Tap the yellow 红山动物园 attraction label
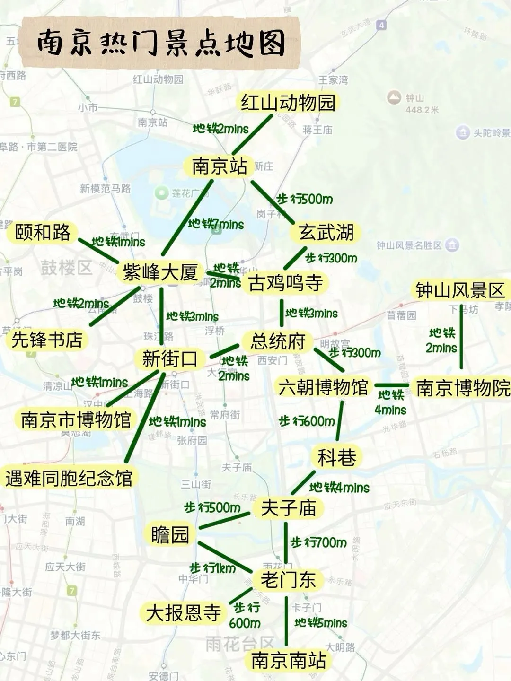[x=288, y=103]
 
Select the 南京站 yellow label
[x=219, y=166]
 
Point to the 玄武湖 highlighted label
[x=326, y=232]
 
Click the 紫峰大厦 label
[x=160, y=272]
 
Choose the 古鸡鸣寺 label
[x=285, y=283]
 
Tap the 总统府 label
[x=278, y=341]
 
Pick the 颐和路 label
[x=43, y=232]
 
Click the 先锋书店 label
[x=47, y=340]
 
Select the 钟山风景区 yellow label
[x=460, y=290]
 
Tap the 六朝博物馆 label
[x=323, y=387]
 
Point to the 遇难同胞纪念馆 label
[x=69, y=478]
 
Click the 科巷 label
[x=337, y=457]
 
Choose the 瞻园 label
[x=170, y=535]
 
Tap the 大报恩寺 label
[x=184, y=613]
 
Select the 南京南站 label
[x=288, y=660]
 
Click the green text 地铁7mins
[x=216, y=224]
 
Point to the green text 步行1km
[x=212, y=567]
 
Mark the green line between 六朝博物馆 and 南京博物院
[x=392, y=385]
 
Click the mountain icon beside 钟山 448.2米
[x=394, y=98]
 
